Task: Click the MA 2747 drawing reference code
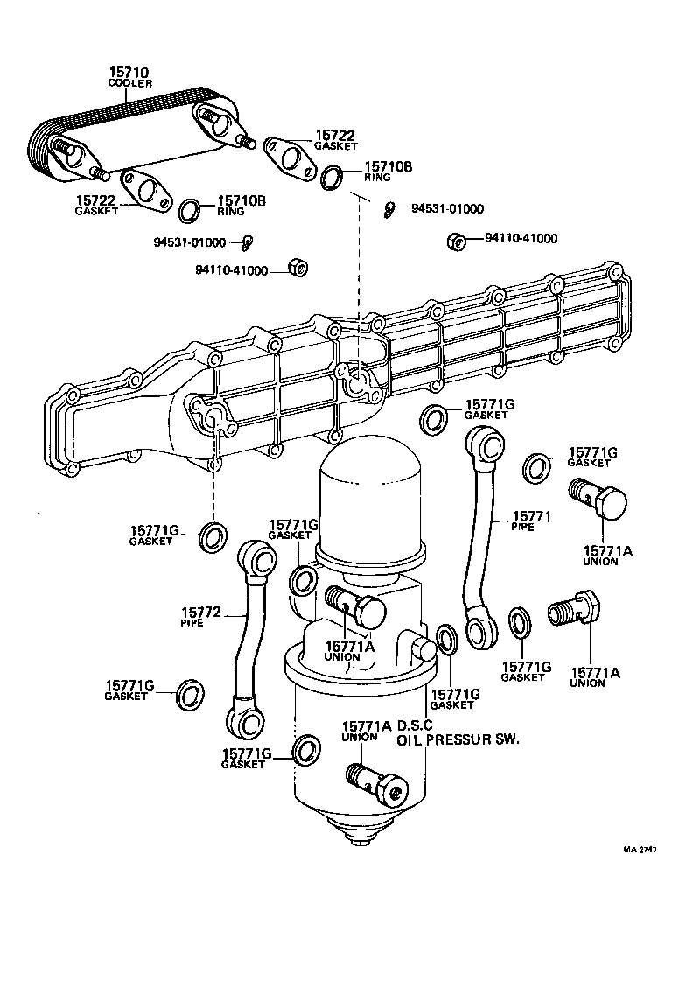(640, 850)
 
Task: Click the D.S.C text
(416, 725)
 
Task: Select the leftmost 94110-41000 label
(232, 271)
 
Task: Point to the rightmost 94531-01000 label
(447, 209)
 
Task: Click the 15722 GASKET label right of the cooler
(337, 140)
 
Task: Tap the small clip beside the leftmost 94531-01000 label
(249, 241)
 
